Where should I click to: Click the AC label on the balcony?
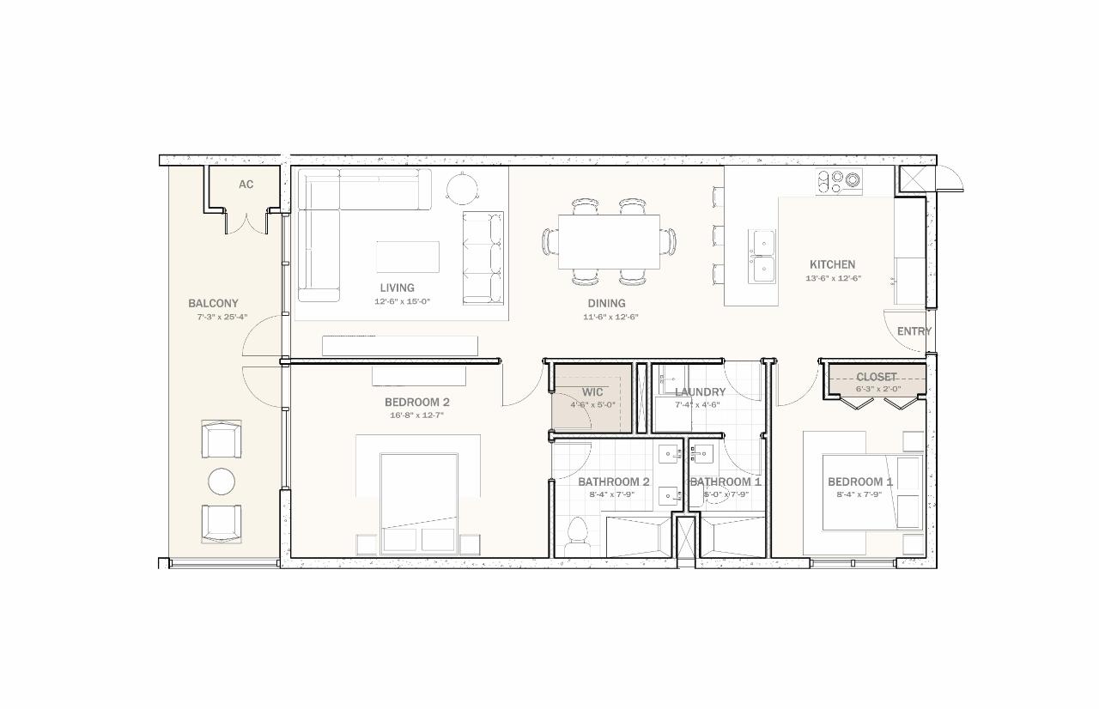click(x=246, y=185)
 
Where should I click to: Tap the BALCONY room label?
click(x=213, y=303)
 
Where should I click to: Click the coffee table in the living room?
click(x=407, y=257)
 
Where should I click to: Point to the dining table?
click(x=609, y=241)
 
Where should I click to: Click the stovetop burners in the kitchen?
click(x=839, y=180)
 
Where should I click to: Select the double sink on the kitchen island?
click(x=762, y=256)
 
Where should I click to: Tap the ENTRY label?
click(x=914, y=331)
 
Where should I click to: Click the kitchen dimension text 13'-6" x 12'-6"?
click(x=832, y=278)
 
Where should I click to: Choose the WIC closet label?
click(x=592, y=391)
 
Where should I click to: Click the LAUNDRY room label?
click(x=700, y=391)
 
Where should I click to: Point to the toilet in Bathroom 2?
click(x=577, y=533)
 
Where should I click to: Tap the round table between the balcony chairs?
click(x=222, y=482)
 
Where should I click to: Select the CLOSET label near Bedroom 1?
click(x=876, y=377)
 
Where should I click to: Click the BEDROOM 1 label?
click(x=859, y=482)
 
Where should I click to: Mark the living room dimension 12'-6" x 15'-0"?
click(x=401, y=301)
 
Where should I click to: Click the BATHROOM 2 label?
click(x=613, y=482)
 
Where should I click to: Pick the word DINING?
click(x=606, y=303)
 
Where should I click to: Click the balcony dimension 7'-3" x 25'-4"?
click(x=222, y=317)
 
